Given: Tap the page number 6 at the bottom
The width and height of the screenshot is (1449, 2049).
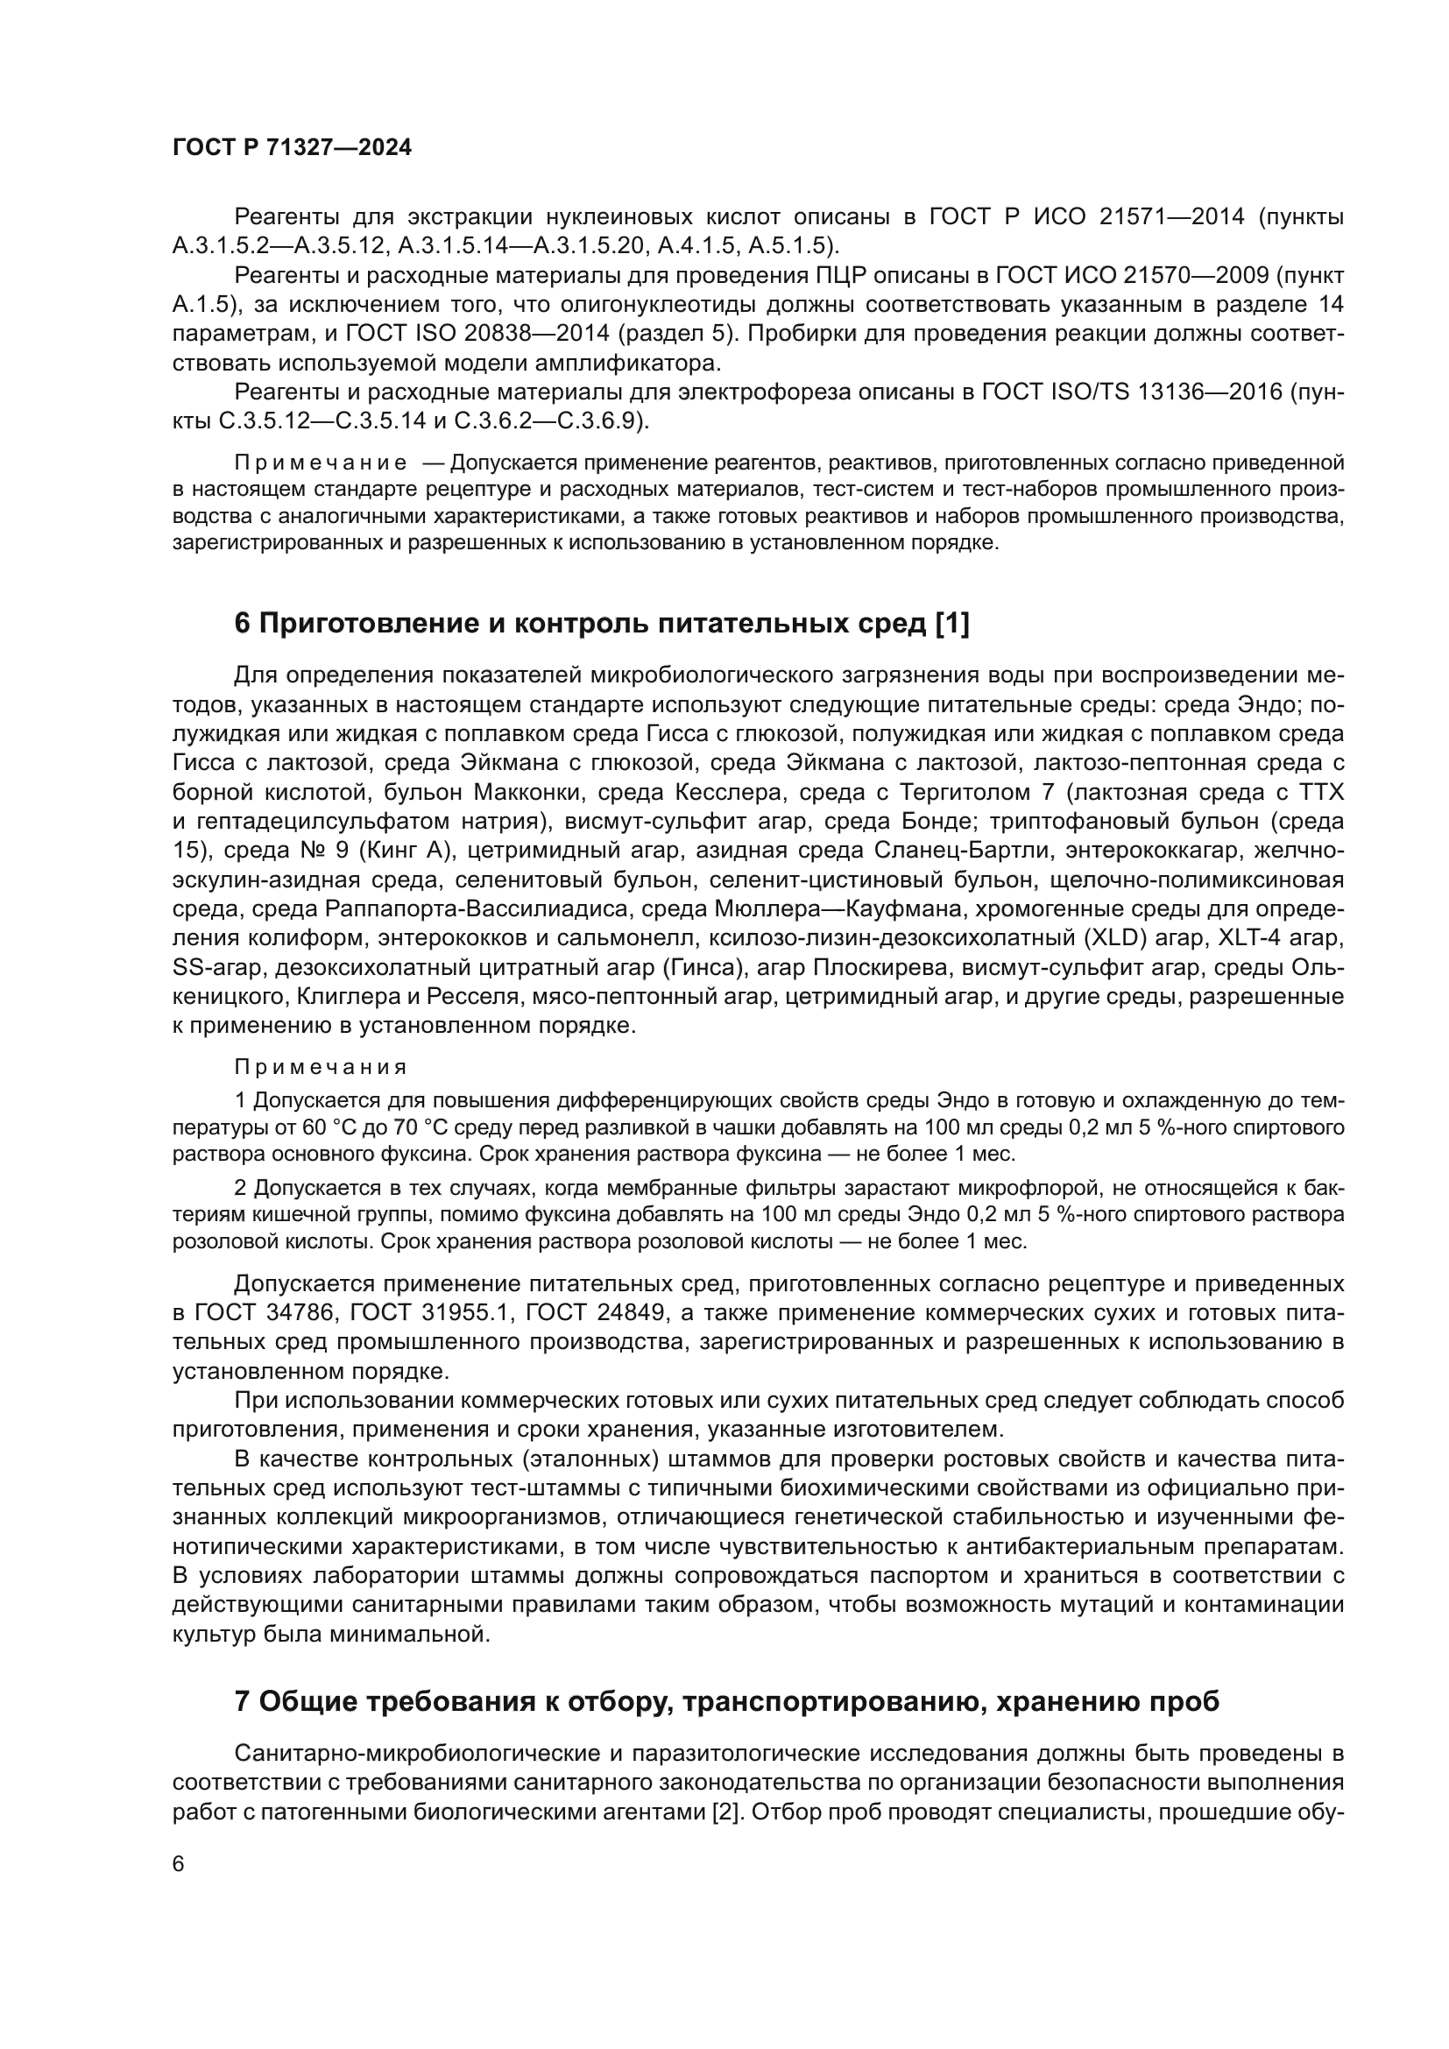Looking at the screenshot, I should pyautogui.click(x=179, y=1863).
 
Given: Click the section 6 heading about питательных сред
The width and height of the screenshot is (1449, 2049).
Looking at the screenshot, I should pyautogui.click(x=601, y=624).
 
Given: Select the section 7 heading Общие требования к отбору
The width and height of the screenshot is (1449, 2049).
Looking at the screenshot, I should pyautogui.click(x=726, y=1701).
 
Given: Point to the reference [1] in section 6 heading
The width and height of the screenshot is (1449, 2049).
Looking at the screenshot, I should pyautogui.click(x=951, y=624).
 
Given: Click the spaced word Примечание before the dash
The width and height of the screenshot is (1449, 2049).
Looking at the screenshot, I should pyautogui.click(x=322, y=463).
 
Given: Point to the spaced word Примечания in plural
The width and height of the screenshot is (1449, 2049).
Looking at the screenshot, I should pyautogui.click(x=322, y=1067).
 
